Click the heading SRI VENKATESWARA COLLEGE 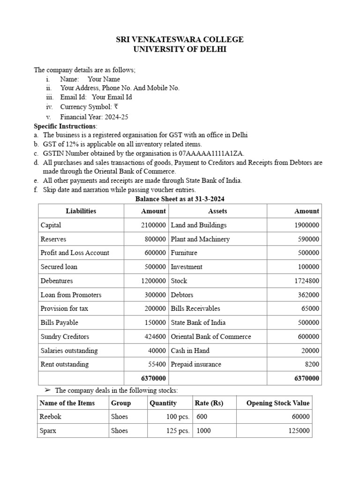pyautogui.click(x=180, y=39)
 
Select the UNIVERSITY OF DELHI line pyautogui.click(x=180, y=49)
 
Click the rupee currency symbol pyautogui.click(x=115, y=107)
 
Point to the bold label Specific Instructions pyautogui.click(x=65, y=126)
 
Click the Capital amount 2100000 pyautogui.click(x=153, y=225)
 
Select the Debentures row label pyautogui.click(x=57, y=281)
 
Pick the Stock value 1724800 pyautogui.click(x=306, y=281)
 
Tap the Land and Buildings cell pyautogui.click(x=199, y=225)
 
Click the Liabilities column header pyautogui.click(x=81, y=211)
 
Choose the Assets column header pyautogui.click(x=217, y=211)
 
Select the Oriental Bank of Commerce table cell pyautogui.click(x=211, y=337)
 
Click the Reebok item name pyautogui.click(x=51, y=417)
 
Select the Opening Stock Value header pyautogui.click(x=277, y=403)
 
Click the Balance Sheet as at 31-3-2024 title pyautogui.click(x=180, y=199)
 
